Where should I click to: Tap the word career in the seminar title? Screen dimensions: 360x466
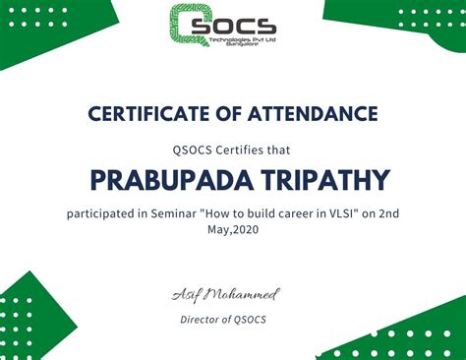(x=282, y=213)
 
